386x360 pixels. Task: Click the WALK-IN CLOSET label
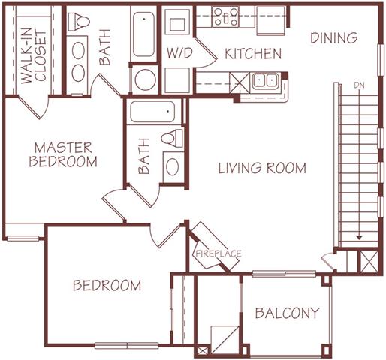pyautogui.click(x=33, y=49)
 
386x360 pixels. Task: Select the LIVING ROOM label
pyautogui.click(x=262, y=168)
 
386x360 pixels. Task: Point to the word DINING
pyautogui.click(x=333, y=37)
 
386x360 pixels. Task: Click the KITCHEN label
pyautogui.click(x=252, y=54)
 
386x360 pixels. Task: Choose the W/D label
pyautogui.click(x=179, y=54)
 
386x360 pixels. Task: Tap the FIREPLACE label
pyautogui.click(x=218, y=253)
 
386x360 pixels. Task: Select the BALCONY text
pyautogui.click(x=286, y=313)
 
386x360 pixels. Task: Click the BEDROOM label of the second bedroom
pyautogui.click(x=107, y=285)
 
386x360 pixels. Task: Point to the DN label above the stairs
pyautogui.click(x=360, y=85)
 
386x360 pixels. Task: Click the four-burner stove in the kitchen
pyautogui.click(x=225, y=16)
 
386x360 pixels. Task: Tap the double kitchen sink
pyautogui.click(x=265, y=80)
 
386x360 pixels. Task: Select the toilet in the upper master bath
pyautogui.click(x=79, y=24)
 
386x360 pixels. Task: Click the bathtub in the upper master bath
pyautogui.click(x=143, y=35)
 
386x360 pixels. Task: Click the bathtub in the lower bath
pyautogui.click(x=154, y=112)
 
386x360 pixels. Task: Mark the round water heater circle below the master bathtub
pyautogui.click(x=143, y=79)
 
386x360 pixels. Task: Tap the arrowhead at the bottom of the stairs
pyautogui.click(x=360, y=237)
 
